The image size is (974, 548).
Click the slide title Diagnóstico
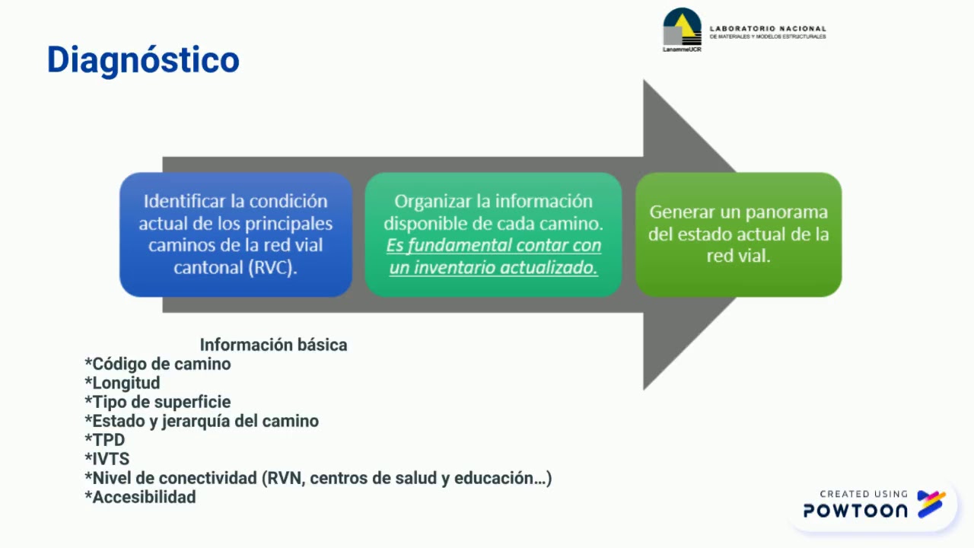point(143,60)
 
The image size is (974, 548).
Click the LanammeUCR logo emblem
point(681,29)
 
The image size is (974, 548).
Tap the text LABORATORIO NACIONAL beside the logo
point(767,28)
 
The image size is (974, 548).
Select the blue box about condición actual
point(236,234)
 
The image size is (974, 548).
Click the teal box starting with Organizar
point(493,234)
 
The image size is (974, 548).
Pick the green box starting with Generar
point(738,234)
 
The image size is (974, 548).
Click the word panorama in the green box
point(786,212)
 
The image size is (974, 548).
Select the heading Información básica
point(273,345)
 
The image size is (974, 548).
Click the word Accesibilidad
point(143,497)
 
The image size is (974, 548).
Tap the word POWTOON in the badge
point(855,511)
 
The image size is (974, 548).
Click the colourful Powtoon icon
point(931,504)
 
